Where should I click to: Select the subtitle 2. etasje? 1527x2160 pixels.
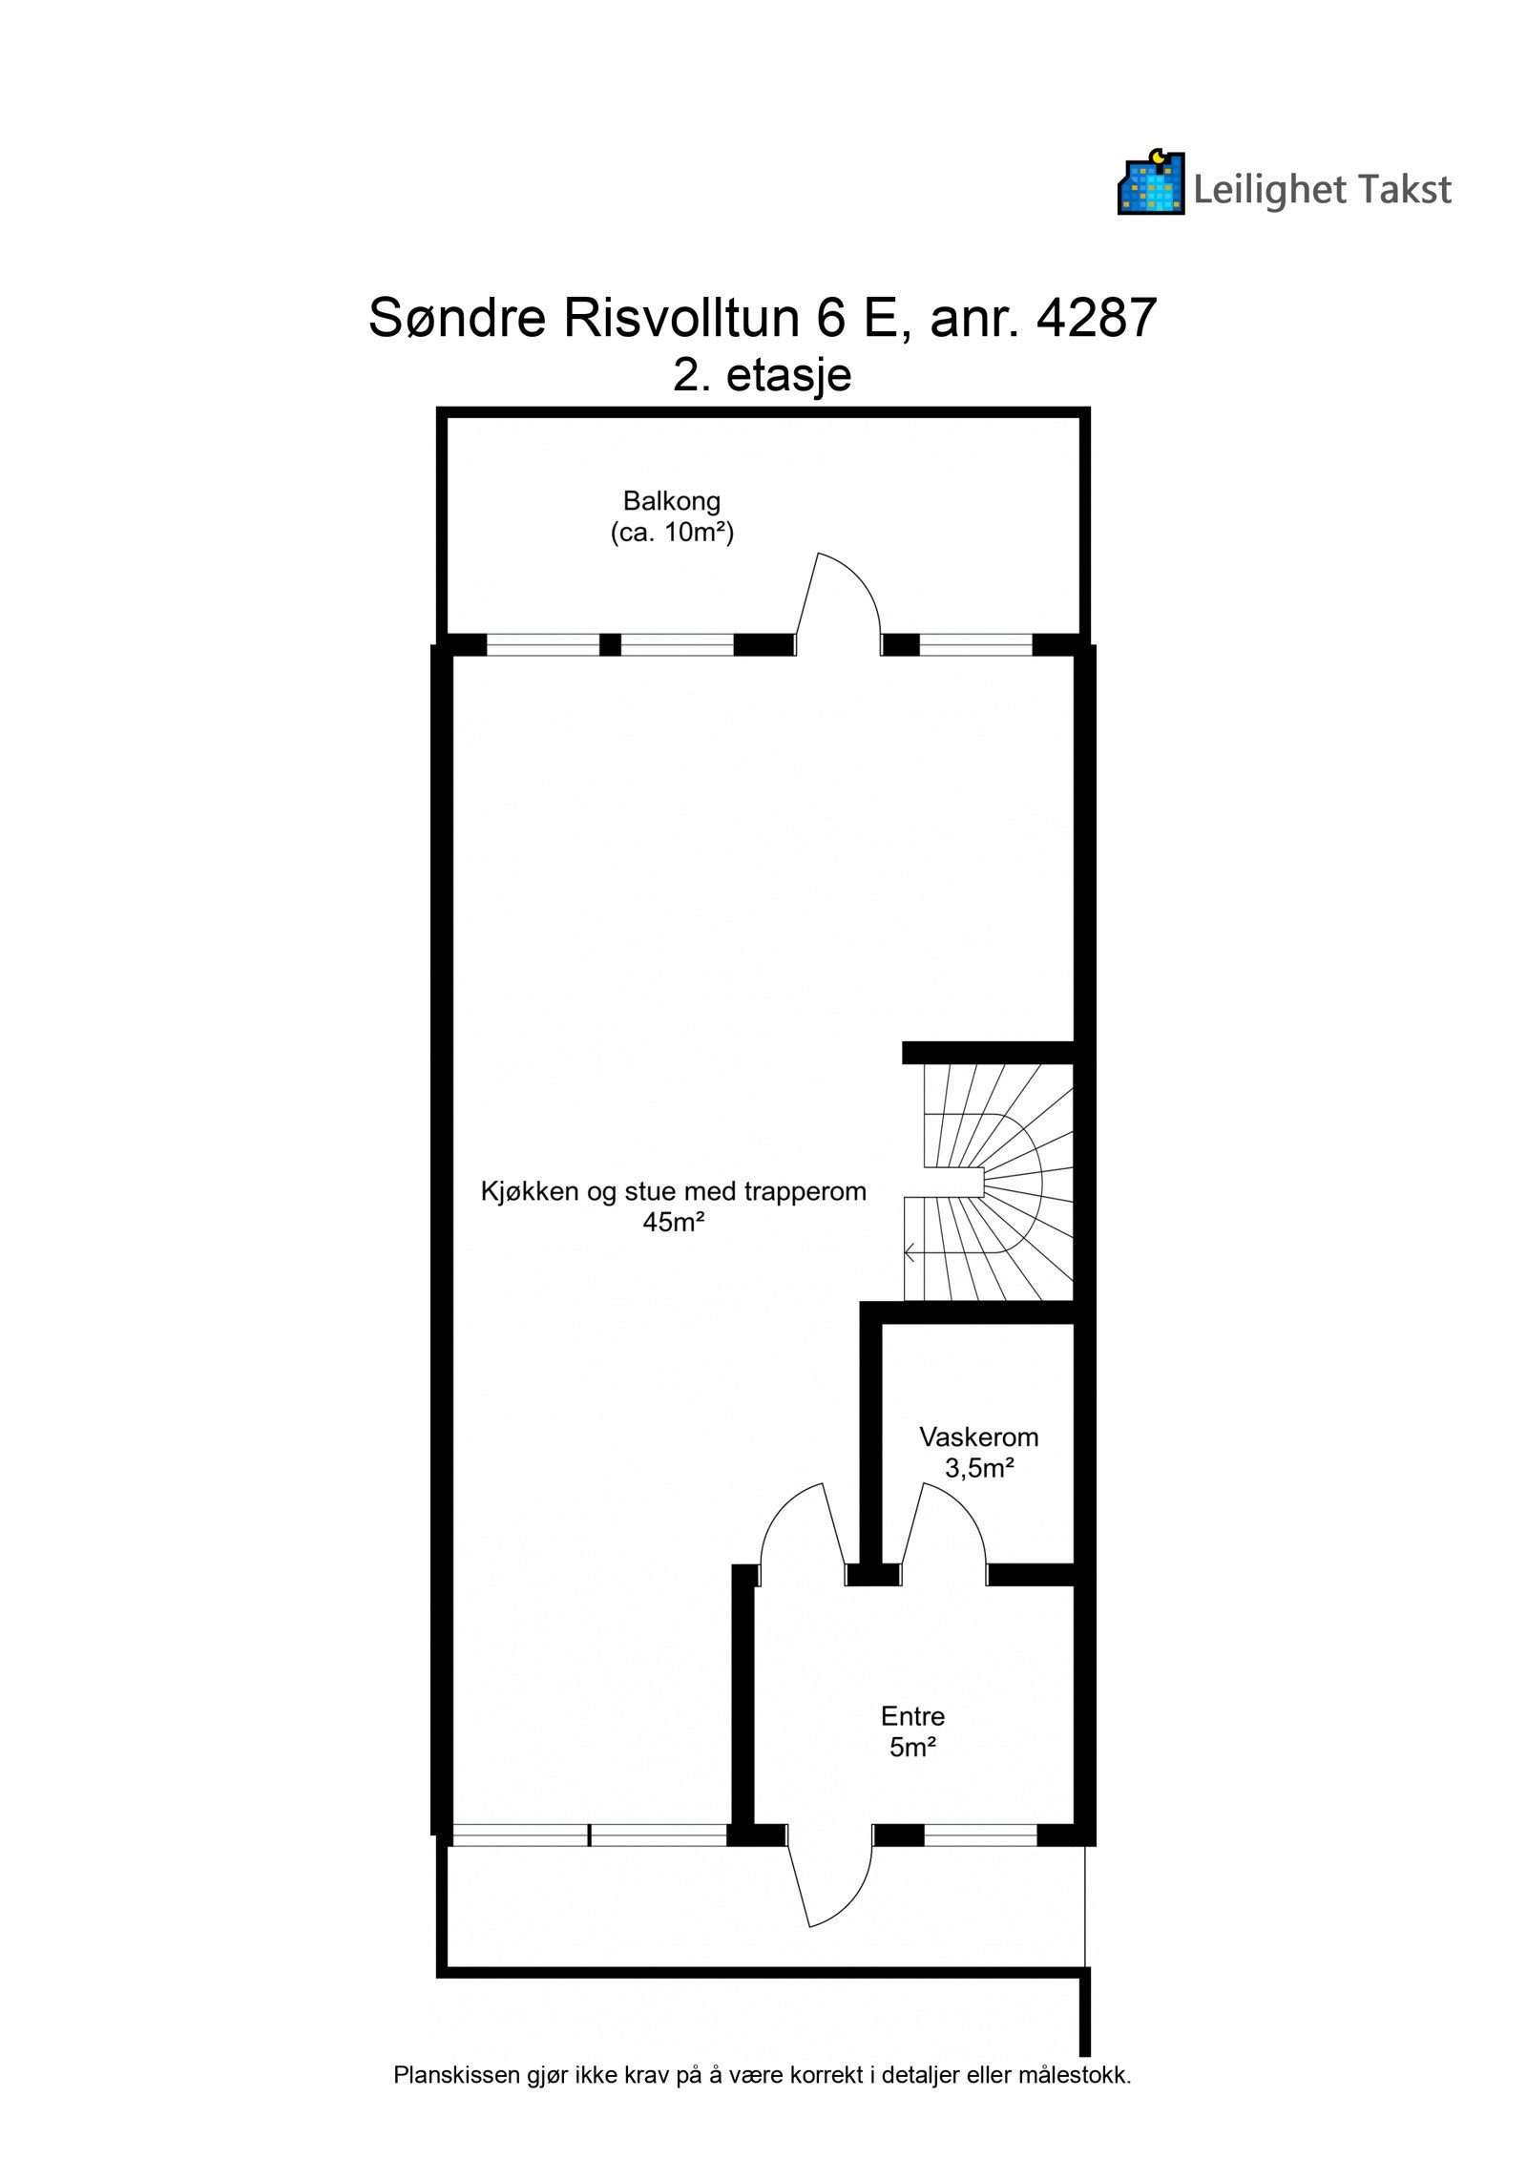point(762,375)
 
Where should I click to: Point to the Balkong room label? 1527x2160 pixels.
point(671,500)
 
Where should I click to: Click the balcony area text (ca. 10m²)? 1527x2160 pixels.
point(671,533)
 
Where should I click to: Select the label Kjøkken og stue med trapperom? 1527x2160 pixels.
point(673,1191)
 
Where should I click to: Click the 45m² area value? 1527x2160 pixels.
point(673,1222)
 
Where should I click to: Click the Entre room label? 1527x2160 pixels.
point(912,1716)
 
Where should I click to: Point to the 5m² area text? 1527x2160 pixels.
point(912,1749)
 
